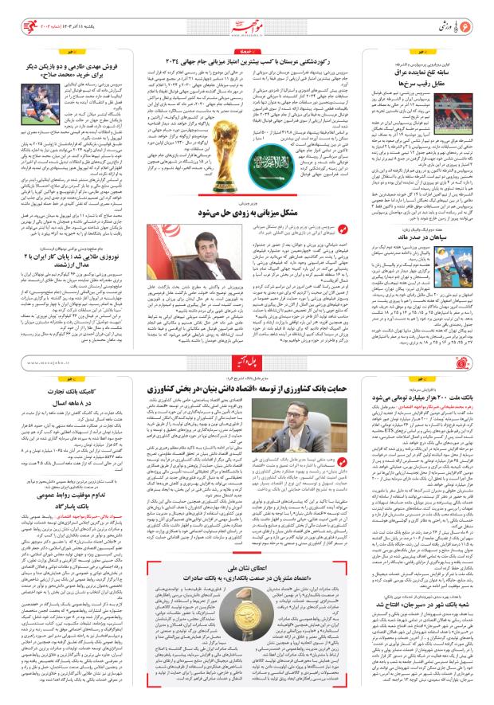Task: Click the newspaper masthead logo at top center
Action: pos(247,14)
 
